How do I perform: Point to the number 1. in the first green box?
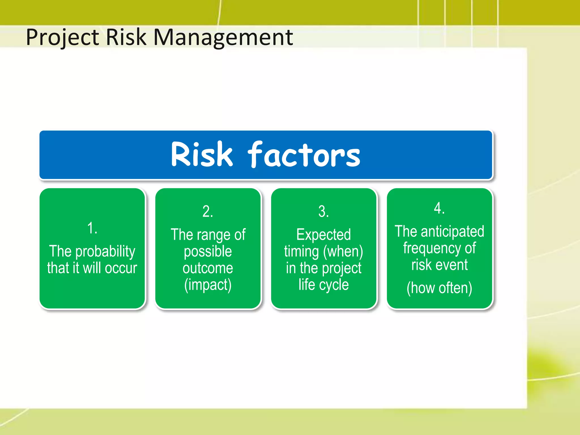click(x=92, y=228)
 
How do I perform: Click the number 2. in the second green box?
click(x=208, y=212)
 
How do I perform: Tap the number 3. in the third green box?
click(x=323, y=212)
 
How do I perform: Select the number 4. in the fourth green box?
click(x=439, y=208)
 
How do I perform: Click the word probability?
click(x=105, y=251)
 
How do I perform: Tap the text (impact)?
click(x=208, y=285)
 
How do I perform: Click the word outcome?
click(x=208, y=268)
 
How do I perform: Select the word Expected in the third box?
click(x=323, y=235)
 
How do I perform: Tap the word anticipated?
click(x=452, y=231)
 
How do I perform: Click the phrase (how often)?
click(x=439, y=288)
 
